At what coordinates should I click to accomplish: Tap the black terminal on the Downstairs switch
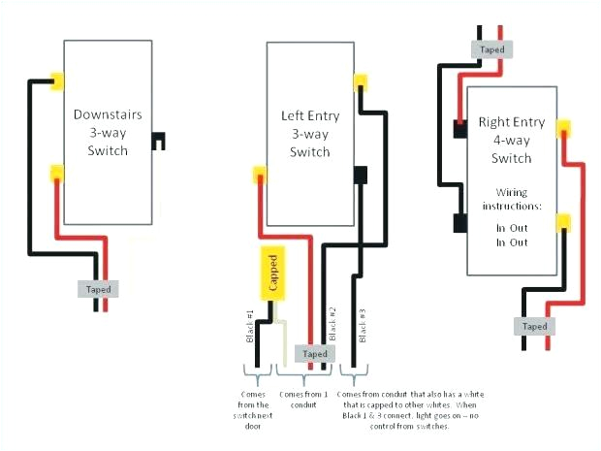157,141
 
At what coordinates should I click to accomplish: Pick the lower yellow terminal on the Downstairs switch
58,175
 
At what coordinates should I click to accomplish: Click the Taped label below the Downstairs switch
99,289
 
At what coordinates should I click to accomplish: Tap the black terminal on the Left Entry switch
362,176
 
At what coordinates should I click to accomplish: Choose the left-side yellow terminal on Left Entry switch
259,176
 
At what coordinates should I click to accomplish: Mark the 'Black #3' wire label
363,325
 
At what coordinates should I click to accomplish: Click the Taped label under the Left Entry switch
315,354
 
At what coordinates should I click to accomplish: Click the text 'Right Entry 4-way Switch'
511,141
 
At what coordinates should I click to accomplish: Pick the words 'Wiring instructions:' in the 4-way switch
511,199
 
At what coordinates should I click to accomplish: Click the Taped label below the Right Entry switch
534,326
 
